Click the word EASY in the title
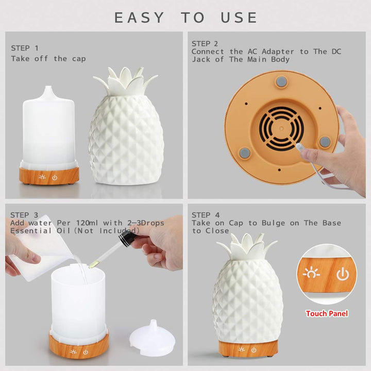(x=139, y=18)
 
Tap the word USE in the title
(x=239, y=18)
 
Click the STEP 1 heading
(x=25, y=48)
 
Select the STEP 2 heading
(x=205, y=43)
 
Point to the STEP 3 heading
(x=24, y=215)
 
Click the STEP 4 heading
(x=206, y=215)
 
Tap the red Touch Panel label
(x=327, y=313)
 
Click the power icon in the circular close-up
(x=343, y=274)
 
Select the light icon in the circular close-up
(x=311, y=273)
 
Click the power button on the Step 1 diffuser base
(x=55, y=177)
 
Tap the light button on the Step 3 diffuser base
(x=73, y=352)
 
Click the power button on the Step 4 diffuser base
(x=254, y=350)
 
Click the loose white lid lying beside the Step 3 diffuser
(x=153, y=339)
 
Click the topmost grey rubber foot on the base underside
(x=281, y=81)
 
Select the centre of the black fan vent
(x=281, y=128)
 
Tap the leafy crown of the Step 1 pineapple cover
(x=125, y=81)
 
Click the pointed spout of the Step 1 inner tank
(x=48, y=92)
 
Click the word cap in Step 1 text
(x=79, y=59)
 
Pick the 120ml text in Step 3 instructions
(x=87, y=223)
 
